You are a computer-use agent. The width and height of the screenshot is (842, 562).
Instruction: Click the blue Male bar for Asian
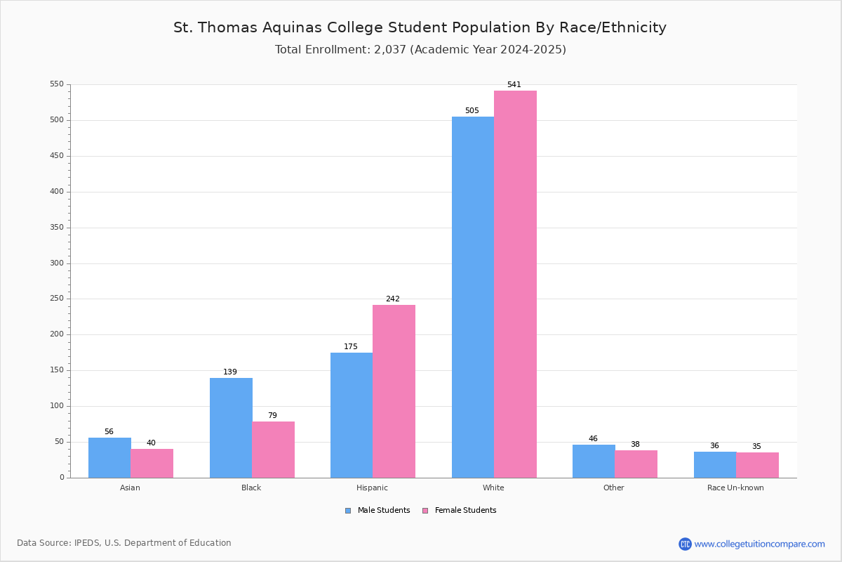point(109,458)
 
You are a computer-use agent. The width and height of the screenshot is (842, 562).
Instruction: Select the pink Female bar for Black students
point(273,450)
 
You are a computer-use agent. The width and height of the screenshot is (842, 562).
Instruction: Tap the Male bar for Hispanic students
point(352,415)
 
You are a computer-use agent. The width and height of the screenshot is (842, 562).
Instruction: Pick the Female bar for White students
point(515,285)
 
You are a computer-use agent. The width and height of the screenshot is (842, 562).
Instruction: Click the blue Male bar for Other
point(594,462)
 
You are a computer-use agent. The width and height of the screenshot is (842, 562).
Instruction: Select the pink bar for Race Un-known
point(757,465)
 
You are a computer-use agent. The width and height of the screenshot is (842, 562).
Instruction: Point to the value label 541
point(514,85)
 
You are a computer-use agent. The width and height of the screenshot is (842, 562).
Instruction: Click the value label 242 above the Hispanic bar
point(393,299)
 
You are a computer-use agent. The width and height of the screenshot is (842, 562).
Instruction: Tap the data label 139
point(230,372)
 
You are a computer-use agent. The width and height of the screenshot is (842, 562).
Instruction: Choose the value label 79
point(272,415)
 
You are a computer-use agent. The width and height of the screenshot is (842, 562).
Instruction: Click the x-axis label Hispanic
point(372,488)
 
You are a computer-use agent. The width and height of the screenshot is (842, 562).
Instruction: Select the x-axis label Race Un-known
point(735,488)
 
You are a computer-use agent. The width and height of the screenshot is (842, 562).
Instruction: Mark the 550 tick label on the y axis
point(57,84)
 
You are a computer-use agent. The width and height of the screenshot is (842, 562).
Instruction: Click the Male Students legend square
point(348,511)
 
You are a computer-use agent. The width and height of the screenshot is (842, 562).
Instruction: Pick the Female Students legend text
point(466,511)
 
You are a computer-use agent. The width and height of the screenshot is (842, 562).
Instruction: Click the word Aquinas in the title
point(292,28)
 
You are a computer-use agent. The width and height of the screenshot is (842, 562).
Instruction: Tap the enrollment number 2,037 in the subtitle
point(390,50)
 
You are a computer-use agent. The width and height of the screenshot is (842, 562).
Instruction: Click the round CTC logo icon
point(685,544)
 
